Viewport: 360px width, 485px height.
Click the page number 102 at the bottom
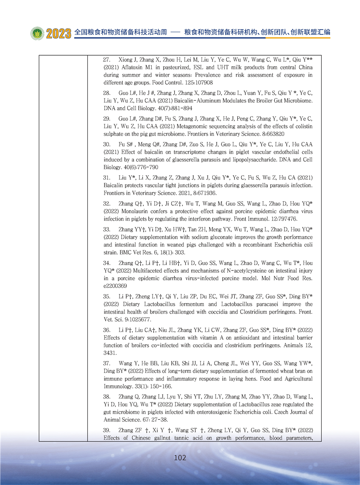coord(180,458)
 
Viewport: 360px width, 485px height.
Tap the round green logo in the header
coord(37,34)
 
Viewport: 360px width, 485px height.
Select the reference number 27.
coord(106,60)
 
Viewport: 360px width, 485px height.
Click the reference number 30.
coord(106,144)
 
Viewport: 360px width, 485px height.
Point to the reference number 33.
coord(106,229)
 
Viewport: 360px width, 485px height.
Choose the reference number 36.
coord(106,330)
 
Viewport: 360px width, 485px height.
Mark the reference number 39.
coord(106,430)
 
